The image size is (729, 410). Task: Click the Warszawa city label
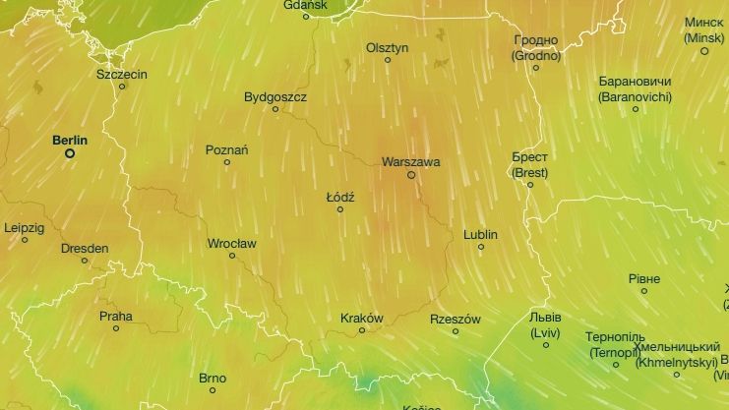[410, 161]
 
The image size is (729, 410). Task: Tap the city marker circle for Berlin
[70, 153]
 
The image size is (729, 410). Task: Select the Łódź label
[340, 197]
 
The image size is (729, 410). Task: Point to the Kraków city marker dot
[362, 330]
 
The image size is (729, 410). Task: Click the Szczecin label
[122, 74]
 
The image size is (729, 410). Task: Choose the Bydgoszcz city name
[275, 97]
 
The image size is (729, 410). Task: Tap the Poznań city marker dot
[227, 162]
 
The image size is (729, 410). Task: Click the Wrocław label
[232, 243]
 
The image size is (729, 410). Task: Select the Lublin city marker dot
[481, 247]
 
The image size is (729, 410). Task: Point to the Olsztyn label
[387, 47]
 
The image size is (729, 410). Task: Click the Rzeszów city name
[456, 320]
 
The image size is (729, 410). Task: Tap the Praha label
[115, 317]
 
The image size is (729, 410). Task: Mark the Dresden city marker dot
[85, 261]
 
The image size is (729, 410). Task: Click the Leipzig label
[25, 227]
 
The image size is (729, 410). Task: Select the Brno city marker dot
[213, 389]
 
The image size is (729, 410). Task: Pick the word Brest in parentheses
[529, 172]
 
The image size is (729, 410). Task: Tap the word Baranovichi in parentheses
[635, 96]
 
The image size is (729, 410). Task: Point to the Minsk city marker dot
[704, 50]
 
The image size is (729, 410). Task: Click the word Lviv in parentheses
[545, 332]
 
